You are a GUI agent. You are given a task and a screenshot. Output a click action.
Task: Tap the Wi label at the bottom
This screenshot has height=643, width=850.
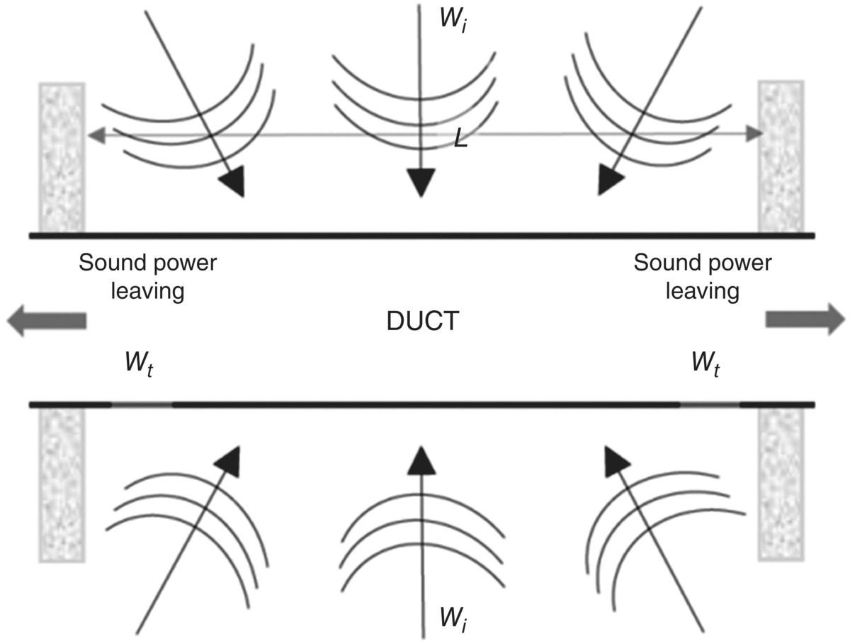452,618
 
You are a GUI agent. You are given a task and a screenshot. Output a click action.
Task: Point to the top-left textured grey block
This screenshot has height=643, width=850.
62,157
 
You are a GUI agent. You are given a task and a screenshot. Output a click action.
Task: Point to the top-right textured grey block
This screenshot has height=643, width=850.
781,157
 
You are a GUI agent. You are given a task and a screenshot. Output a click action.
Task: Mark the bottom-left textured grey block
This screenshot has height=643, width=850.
62,485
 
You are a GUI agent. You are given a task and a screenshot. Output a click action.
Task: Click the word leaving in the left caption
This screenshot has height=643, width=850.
149,290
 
